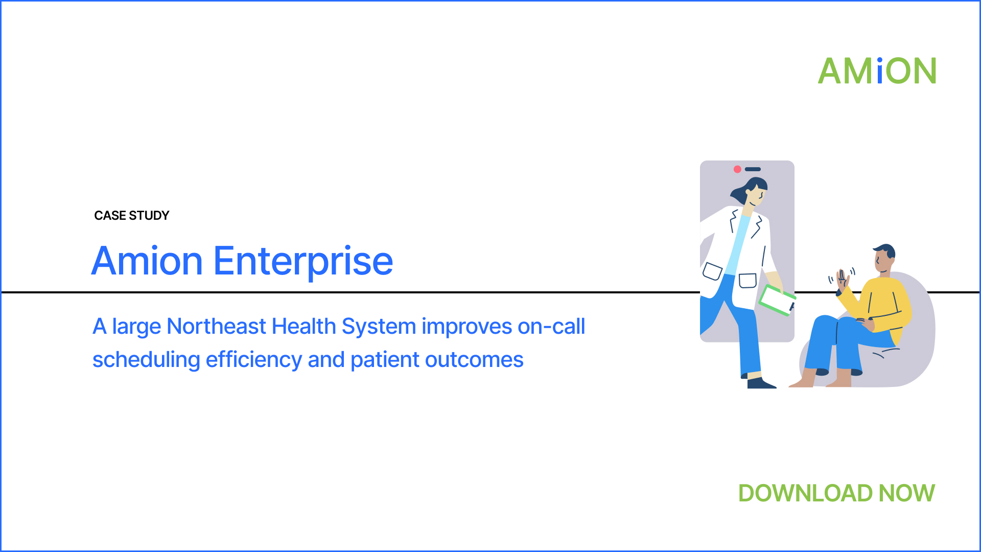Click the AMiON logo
pos(877,71)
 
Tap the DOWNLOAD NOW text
pos(836,493)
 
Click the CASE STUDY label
pos(132,216)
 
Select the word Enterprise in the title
pos(303,262)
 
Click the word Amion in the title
pos(147,261)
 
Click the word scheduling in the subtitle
pos(146,360)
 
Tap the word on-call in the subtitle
pos(551,326)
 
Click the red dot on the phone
pos(737,169)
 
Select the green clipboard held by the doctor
pos(777,301)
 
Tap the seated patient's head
pos(884,259)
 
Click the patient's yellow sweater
pos(880,304)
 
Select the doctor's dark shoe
pos(760,383)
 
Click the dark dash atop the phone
pos(753,169)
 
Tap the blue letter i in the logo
pos(879,71)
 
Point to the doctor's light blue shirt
pos(739,245)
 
